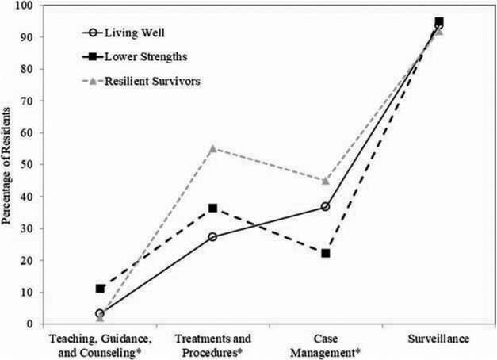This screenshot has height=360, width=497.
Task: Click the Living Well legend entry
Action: tap(131, 34)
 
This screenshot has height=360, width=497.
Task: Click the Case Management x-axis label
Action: tap(326, 346)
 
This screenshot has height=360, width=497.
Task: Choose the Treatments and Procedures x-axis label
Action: tap(212, 346)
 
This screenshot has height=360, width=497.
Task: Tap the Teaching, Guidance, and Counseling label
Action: tap(99, 346)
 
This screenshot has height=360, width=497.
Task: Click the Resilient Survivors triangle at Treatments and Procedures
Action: tap(212, 148)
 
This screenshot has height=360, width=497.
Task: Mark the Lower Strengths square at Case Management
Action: tap(326, 253)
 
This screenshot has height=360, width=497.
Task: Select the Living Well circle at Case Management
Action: tap(326, 207)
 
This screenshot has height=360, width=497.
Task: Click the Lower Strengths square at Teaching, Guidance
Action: tap(99, 289)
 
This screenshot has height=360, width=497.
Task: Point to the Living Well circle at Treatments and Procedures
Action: tap(212, 237)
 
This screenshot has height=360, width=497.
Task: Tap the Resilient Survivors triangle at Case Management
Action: tap(326, 180)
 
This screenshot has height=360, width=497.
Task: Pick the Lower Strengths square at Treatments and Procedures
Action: tap(212, 209)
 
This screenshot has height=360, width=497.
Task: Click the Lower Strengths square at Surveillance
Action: tap(439, 22)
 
